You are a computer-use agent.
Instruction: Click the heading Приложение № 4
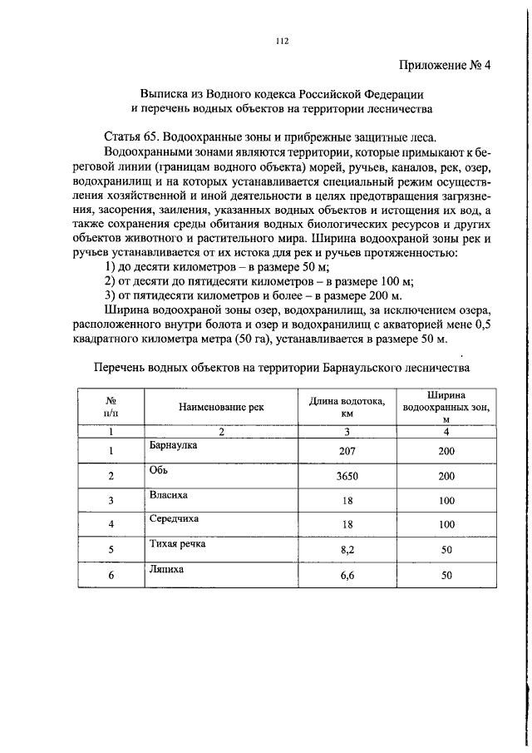coord(444,67)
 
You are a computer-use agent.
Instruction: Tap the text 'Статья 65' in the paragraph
coord(132,136)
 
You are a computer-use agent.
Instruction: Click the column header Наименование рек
coord(221,408)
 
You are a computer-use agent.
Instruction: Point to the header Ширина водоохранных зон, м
coord(446,407)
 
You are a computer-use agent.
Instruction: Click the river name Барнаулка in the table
coord(173,445)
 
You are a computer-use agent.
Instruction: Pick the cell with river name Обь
coord(160,470)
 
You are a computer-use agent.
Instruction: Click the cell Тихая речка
coord(177,545)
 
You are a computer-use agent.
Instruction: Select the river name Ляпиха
coord(167,570)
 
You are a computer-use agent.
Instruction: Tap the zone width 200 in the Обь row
coord(446,476)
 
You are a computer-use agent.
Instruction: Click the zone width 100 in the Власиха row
coord(446,501)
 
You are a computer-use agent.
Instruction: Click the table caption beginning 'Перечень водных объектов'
coord(282,366)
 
